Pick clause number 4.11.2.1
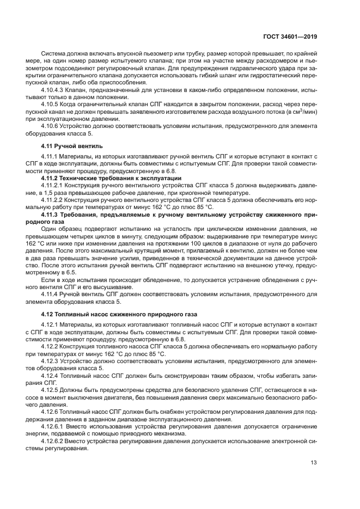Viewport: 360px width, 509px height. point(53,185)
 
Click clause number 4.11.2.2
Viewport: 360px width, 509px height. point(53,200)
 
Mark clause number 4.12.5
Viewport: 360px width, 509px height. point(51,389)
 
